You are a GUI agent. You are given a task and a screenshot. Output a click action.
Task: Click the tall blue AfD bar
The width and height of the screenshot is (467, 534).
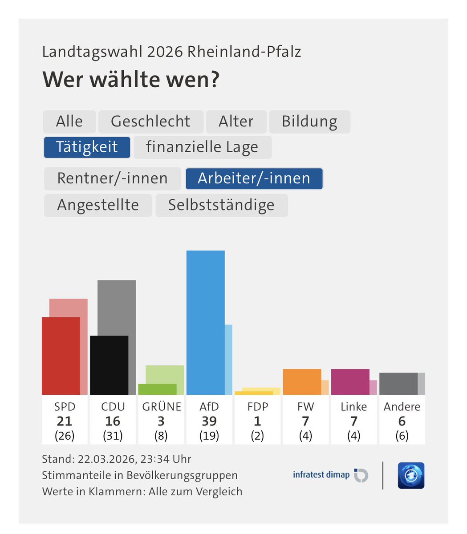[x=205, y=323]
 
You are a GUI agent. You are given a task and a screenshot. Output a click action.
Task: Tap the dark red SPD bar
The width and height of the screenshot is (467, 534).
[x=61, y=356]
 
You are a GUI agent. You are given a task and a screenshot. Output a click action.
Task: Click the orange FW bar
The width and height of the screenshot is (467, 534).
[x=302, y=382]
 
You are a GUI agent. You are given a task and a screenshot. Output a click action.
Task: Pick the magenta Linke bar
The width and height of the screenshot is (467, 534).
[x=350, y=382]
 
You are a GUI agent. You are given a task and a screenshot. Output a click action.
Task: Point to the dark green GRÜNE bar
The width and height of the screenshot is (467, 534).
[x=157, y=389]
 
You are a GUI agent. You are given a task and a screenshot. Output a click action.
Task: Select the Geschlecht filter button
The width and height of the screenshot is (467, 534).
[x=150, y=121]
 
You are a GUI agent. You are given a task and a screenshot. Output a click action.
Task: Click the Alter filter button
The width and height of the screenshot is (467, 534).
[x=236, y=121]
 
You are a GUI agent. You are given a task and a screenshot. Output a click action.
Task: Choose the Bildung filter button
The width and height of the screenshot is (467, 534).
[x=309, y=121]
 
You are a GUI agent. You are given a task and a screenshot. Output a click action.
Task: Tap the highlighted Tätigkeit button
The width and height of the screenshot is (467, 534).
[x=87, y=147]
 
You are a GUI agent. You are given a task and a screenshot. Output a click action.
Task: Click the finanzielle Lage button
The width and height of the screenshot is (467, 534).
[x=202, y=147]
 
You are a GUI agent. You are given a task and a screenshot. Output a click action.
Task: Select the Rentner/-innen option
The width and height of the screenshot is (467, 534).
[x=112, y=178]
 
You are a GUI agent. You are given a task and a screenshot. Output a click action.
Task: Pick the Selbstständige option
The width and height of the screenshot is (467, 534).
[x=221, y=205]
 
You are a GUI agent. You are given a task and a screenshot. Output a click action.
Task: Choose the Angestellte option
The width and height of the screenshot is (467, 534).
[x=98, y=205]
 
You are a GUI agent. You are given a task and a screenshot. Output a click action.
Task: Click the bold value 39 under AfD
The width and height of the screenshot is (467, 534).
[x=209, y=421]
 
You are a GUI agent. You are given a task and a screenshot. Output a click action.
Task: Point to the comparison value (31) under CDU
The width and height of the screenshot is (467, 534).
[x=113, y=436]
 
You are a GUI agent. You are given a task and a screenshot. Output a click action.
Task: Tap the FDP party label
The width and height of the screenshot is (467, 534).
[x=257, y=407]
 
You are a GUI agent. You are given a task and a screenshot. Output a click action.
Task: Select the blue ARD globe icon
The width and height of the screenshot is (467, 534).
[x=411, y=475]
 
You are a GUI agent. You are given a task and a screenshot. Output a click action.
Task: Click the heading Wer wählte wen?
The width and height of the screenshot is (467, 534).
[x=131, y=80]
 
